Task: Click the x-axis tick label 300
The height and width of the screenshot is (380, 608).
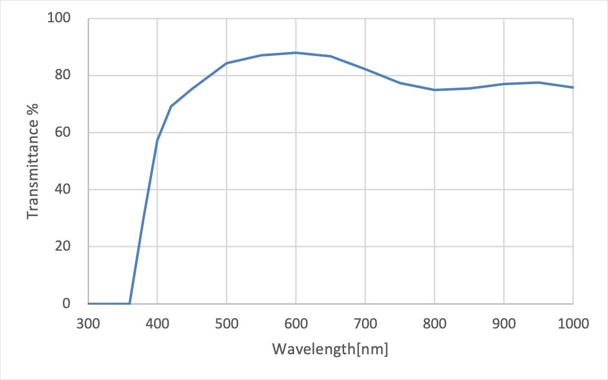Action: click(88, 325)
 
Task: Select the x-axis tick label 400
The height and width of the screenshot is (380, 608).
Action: click(157, 325)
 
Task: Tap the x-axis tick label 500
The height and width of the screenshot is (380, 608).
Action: click(227, 325)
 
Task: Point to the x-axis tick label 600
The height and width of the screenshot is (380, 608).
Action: click(296, 325)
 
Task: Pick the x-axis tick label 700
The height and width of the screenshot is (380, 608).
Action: click(365, 325)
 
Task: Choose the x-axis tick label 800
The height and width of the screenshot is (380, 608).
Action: click(435, 325)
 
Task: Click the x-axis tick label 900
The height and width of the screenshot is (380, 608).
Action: click(504, 325)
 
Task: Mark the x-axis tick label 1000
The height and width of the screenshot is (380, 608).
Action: click(573, 325)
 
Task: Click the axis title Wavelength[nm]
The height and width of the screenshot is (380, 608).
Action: click(330, 349)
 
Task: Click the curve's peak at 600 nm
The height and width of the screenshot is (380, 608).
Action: click(296, 53)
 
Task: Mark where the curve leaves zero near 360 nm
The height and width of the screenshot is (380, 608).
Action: click(130, 303)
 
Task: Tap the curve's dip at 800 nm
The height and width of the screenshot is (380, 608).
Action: click(435, 90)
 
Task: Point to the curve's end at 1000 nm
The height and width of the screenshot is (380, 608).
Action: click(573, 88)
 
